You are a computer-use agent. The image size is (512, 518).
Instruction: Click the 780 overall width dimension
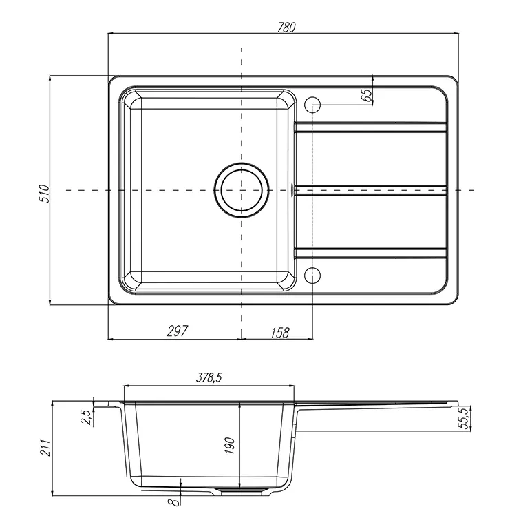pyautogui.click(x=286, y=28)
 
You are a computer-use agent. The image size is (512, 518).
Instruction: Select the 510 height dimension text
pyautogui.click(x=44, y=194)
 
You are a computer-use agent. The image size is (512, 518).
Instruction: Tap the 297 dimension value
pyautogui.click(x=178, y=331)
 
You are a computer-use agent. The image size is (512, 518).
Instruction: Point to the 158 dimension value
pyautogui.click(x=280, y=333)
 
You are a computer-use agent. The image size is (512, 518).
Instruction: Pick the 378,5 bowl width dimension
pyautogui.click(x=209, y=377)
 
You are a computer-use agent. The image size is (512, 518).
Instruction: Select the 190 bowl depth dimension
pyautogui.click(x=230, y=445)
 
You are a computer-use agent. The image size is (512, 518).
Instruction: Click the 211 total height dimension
pyautogui.click(x=45, y=448)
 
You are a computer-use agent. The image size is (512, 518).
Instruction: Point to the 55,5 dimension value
pyautogui.click(x=465, y=418)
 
